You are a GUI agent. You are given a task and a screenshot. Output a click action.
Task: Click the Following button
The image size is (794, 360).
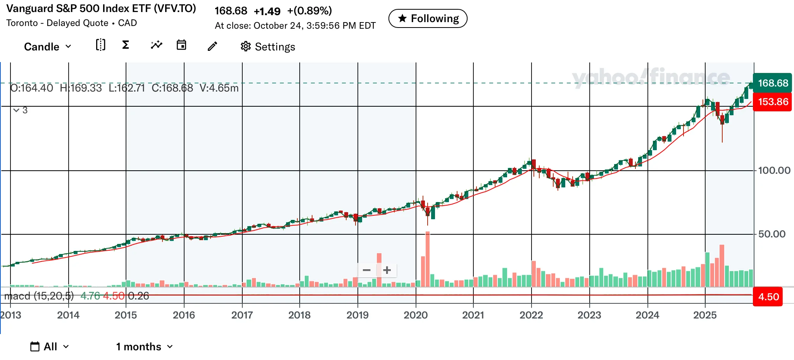pos(428,19)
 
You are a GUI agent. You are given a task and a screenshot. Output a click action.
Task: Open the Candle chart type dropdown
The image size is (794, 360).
pos(48,47)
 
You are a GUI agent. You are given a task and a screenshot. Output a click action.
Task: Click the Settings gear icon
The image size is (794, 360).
pos(245,47)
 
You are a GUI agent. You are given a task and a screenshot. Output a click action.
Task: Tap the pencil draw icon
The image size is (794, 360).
pos(212,47)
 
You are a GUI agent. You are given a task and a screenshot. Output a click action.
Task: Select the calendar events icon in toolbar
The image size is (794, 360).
pos(181,45)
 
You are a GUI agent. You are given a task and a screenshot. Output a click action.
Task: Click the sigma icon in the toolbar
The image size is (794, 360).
pos(125,45)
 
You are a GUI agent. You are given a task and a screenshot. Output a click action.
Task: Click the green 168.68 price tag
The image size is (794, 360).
pos(772,83)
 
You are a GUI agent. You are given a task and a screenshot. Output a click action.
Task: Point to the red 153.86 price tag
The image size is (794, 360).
pos(772,102)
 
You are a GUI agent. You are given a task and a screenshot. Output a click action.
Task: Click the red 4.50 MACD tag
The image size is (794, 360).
pos(768,297)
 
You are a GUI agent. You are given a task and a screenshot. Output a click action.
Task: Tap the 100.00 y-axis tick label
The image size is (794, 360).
pos(774,171)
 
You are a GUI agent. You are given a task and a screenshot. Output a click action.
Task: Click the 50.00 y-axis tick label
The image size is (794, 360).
pos(772,234)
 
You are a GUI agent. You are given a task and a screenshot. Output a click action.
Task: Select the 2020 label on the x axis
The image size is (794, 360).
pos(416,315)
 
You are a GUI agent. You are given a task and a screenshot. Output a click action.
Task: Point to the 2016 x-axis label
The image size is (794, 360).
pos(184,315)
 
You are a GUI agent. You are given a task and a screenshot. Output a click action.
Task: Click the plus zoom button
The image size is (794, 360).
pos(387,270)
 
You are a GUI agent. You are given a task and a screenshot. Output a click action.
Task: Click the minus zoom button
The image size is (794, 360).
pos(367,270)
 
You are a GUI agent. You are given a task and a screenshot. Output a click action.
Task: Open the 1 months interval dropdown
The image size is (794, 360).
pos(144,347)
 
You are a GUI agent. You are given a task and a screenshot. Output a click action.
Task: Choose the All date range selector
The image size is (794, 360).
pos(50,347)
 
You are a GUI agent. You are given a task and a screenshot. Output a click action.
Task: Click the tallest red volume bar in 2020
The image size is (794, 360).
pos(428,259)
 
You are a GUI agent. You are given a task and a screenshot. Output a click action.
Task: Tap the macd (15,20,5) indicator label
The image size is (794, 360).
pos(39,296)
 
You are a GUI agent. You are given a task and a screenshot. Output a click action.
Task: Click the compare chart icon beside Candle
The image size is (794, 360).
pos(100,45)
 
